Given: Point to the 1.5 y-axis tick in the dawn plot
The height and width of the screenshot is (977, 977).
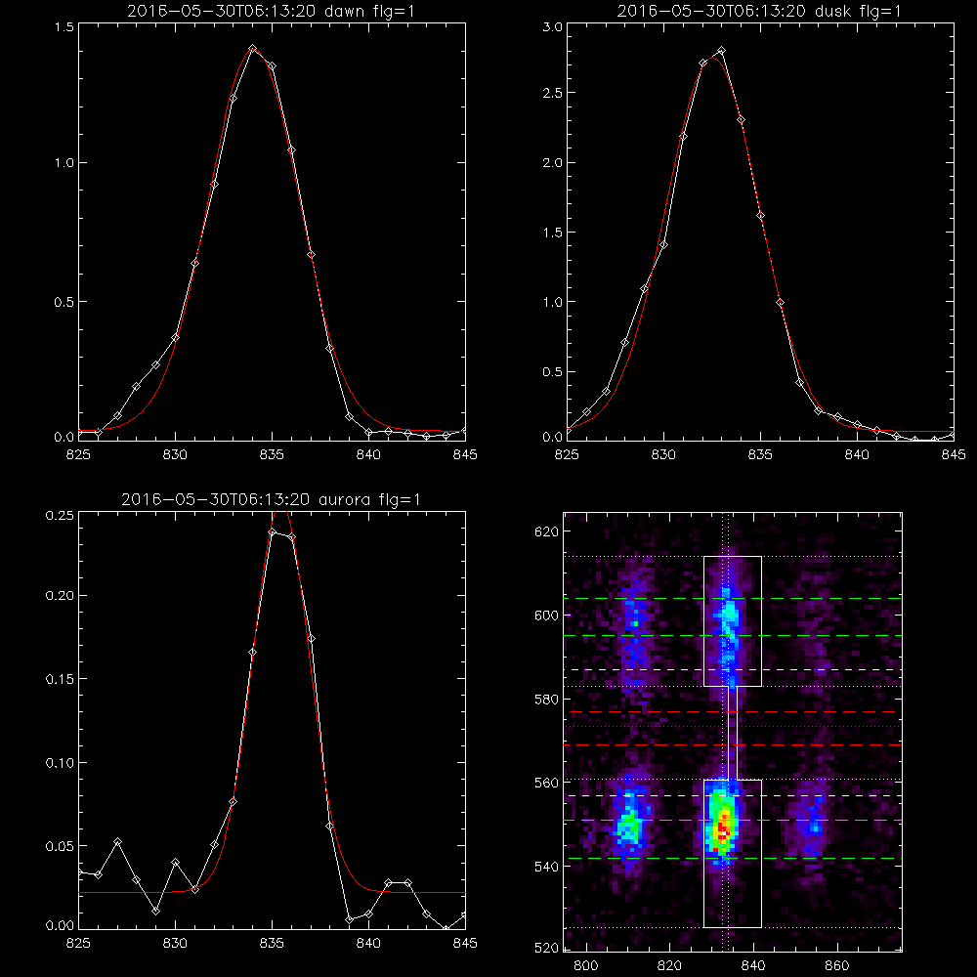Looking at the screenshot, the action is (x=64, y=27).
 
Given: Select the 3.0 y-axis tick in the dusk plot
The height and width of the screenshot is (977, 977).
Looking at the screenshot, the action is (x=553, y=27).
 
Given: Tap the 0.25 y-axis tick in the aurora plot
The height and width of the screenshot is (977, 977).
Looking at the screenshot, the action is (x=60, y=516).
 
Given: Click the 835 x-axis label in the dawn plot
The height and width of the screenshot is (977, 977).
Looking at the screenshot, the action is (x=272, y=455).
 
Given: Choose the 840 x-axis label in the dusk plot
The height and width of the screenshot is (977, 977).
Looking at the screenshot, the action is (x=858, y=455).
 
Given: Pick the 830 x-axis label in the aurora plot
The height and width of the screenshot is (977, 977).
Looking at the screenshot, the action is (x=175, y=944).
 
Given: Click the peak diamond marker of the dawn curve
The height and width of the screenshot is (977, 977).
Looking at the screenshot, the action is (x=252, y=48).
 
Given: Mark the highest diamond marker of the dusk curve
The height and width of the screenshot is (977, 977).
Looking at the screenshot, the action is (x=722, y=51).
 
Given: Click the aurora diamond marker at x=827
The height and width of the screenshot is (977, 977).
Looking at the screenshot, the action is (x=117, y=842).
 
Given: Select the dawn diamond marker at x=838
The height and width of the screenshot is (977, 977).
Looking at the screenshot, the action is (x=329, y=349).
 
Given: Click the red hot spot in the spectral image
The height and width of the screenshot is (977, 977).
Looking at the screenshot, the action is (x=722, y=828).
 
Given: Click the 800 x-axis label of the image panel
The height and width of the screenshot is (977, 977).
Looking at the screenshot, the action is (x=585, y=966).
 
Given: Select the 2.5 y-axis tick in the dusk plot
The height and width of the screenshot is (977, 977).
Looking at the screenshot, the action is (x=553, y=93).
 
